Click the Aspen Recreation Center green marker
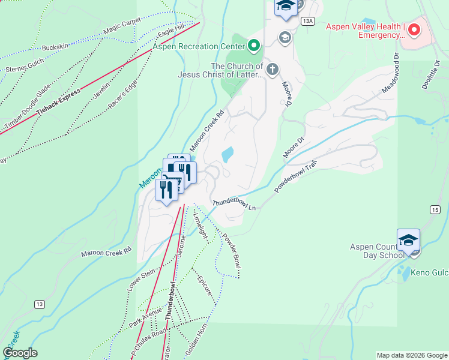tap(254, 46)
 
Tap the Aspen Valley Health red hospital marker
tap(415, 30)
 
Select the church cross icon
tap(272, 70)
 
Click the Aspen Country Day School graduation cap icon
tap(408, 240)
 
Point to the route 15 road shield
tap(435, 209)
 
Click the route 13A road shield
tap(308, 21)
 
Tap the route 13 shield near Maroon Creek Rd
tap(39, 304)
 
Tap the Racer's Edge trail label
tap(127, 88)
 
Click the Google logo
tap(20, 353)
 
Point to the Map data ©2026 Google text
tap(411, 355)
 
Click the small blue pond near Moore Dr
tap(228, 155)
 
